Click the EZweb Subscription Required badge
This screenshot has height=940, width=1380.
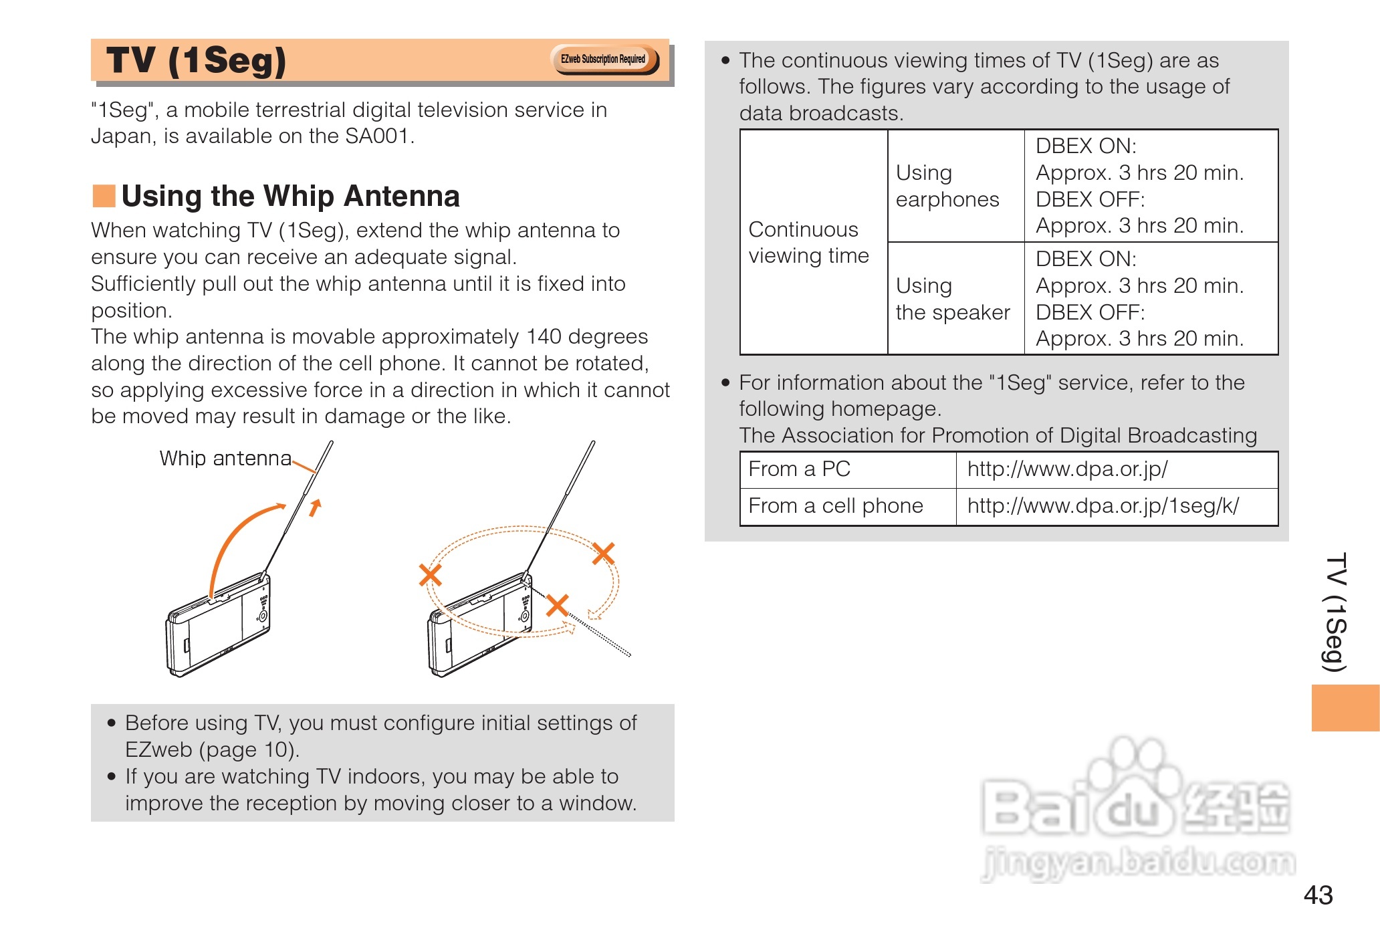pyautogui.click(x=604, y=60)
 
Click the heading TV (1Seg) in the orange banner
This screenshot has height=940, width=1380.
pyautogui.click(x=196, y=61)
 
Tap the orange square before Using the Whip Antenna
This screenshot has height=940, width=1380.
pyautogui.click(x=104, y=196)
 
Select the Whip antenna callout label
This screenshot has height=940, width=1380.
pyautogui.click(x=225, y=458)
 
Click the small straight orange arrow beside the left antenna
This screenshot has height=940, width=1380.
pyautogui.click(x=315, y=507)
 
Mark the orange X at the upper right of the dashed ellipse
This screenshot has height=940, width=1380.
pyautogui.click(x=603, y=553)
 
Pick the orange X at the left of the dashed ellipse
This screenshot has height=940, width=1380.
pyautogui.click(x=430, y=574)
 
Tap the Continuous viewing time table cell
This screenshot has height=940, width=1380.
pyautogui.click(x=814, y=242)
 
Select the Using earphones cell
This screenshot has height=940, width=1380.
pyautogui.click(x=955, y=186)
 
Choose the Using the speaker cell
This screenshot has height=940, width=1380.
pyautogui.click(x=955, y=298)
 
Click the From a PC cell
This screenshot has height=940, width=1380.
pyautogui.click(x=848, y=469)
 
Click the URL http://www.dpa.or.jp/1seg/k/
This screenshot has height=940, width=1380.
pyautogui.click(x=1103, y=506)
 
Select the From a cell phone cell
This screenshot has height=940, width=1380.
pyautogui.click(x=848, y=507)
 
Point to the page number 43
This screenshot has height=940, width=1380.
pyautogui.click(x=1318, y=895)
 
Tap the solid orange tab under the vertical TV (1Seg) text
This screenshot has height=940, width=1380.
pyautogui.click(x=1345, y=707)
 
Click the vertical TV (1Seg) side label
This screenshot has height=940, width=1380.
pyautogui.click(x=1335, y=612)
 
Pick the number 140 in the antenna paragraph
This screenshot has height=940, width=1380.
pyautogui.click(x=544, y=336)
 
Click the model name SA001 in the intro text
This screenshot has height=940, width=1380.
pyautogui.click(x=376, y=136)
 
